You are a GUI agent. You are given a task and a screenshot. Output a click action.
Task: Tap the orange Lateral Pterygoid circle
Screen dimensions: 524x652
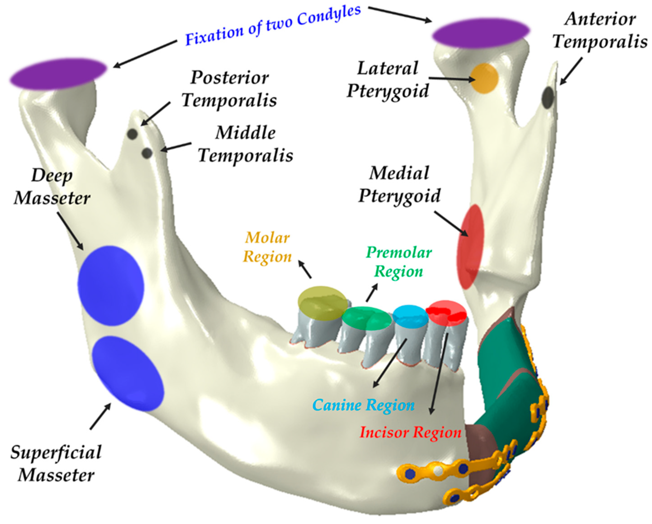484,78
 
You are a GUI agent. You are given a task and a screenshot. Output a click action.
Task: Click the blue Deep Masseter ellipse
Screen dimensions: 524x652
111,285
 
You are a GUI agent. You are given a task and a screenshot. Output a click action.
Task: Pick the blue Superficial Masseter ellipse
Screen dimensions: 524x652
128,373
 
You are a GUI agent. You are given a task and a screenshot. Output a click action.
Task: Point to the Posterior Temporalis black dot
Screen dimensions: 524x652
132,134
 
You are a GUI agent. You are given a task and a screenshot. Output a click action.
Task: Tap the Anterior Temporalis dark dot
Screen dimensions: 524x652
548,97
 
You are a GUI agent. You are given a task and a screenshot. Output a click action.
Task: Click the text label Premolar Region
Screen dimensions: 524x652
399,262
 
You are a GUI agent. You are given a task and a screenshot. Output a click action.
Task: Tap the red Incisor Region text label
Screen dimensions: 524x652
410,432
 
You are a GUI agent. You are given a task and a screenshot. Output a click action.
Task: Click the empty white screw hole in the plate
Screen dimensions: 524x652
438,470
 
